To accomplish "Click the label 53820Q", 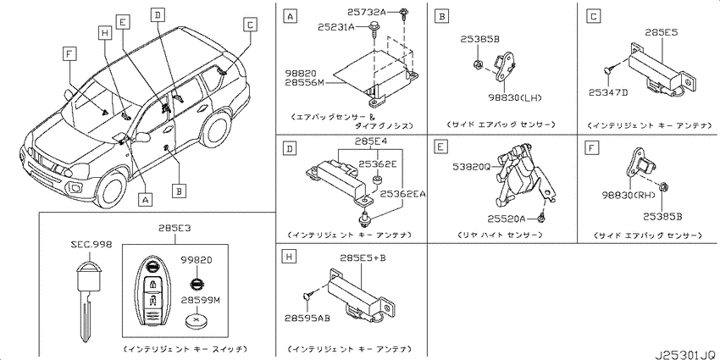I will tap(474, 167).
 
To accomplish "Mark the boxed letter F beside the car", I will tap(69, 54).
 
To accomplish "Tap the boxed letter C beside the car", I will tap(249, 25).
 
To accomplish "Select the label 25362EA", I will tap(400, 194).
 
